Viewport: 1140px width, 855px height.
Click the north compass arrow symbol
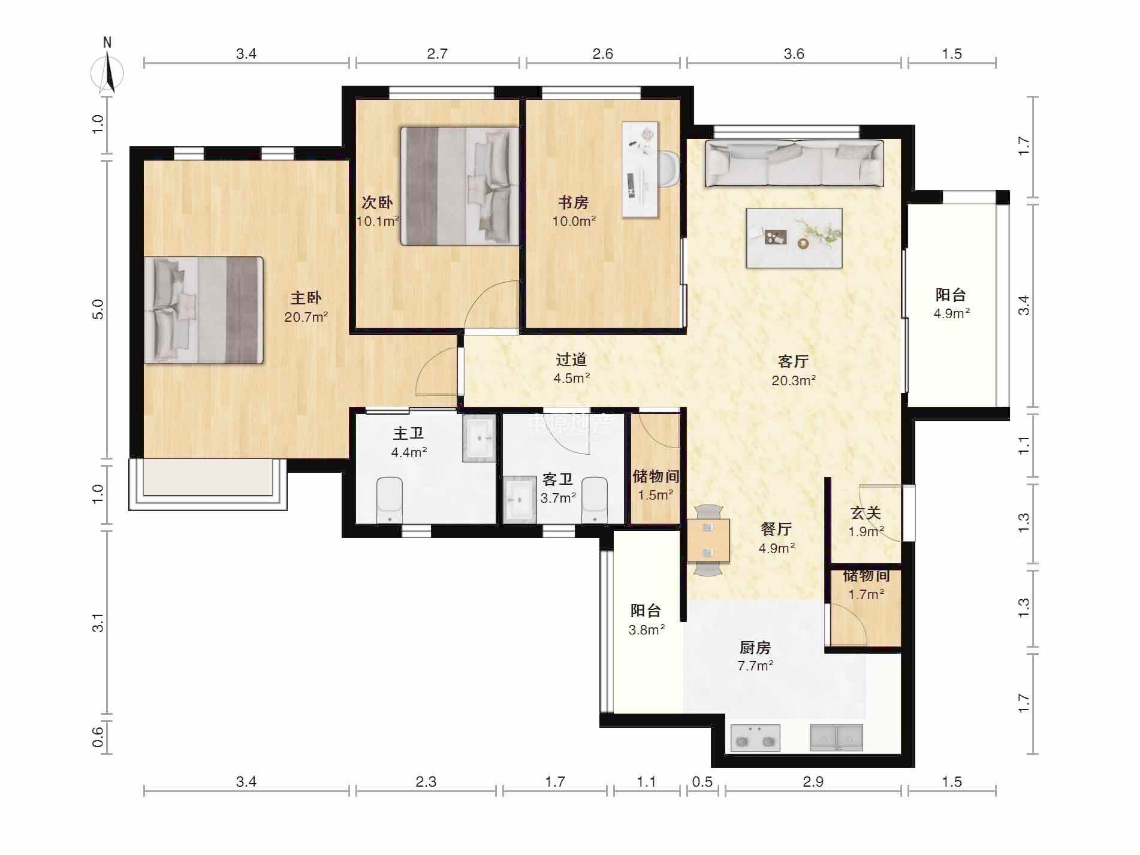pyautogui.click(x=107, y=71)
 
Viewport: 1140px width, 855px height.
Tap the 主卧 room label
pyautogui.click(x=306, y=298)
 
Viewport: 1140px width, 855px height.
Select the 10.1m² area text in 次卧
pyautogui.click(x=378, y=221)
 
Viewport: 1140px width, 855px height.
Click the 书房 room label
pyautogui.click(x=574, y=203)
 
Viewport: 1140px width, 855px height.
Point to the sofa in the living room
pyautogui.click(x=794, y=164)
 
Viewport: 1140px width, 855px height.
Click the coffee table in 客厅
pyautogui.click(x=794, y=238)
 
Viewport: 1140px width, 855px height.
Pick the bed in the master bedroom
pyautogui.click(x=204, y=310)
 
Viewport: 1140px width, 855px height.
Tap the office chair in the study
pyautogui.click(x=668, y=169)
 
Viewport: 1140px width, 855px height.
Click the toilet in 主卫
pyautogui.click(x=390, y=500)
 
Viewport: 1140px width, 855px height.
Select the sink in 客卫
pyautogui.click(x=520, y=499)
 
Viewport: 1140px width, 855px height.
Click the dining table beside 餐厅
pyautogui.click(x=708, y=540)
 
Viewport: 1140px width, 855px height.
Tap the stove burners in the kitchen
pyautogui.click(x=755, y=738)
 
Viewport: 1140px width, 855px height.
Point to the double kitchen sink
pyautogui.click(x=837, y=738)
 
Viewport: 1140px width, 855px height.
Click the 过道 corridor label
pyautogui.click(x=571, y=359)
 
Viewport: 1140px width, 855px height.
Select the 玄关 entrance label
pyautogui.click(x=866, y=513)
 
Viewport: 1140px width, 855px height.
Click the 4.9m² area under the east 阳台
pyautogui.click(x=952, y=313)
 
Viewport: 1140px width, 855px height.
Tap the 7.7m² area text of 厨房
pyautogui.click(x=755, y=666)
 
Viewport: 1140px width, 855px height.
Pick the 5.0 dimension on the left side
pyautogui.click(x=98, y=309)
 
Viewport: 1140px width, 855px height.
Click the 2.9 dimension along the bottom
pyautogui.click(x=813, y=781)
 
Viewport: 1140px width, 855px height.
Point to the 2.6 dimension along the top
pyautogui.click(x=603, y=54)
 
